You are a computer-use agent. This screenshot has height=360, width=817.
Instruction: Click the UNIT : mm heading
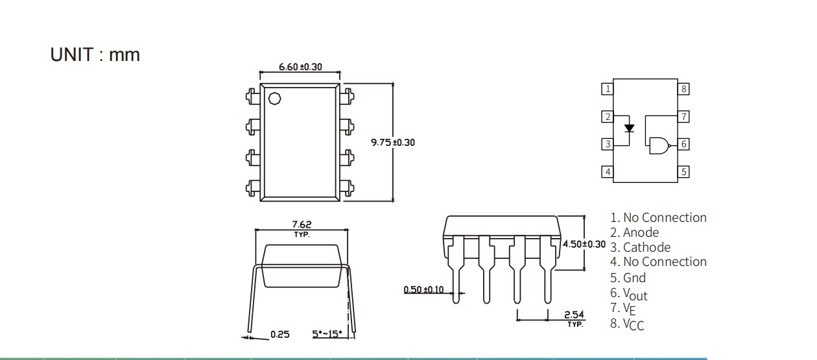tap(95, 54)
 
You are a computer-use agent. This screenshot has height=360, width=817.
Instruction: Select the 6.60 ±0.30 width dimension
tap(300, 67)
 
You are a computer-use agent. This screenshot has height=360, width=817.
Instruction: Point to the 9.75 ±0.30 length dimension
tap(393, 142)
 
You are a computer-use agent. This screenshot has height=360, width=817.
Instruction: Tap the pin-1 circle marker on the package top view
tap(274, 99)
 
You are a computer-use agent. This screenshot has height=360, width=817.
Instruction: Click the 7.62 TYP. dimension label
tap(302, 229)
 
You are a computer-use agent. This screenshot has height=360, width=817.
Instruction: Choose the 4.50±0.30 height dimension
tap(584, 244)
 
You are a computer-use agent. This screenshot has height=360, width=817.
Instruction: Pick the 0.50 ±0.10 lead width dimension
tap(423, 289)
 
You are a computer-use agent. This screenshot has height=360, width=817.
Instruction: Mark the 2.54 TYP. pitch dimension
tap(574, 318)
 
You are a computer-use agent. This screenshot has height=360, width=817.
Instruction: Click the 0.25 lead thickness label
tap(279, 335)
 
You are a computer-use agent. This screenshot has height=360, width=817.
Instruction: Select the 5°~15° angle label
tap(327, 334)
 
